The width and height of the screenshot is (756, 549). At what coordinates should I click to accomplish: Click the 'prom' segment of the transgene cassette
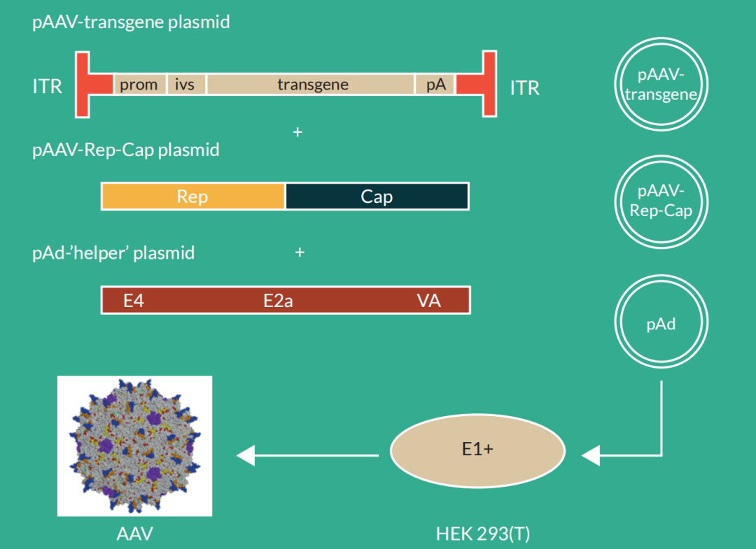139,85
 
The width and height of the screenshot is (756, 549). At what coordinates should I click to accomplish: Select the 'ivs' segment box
185,85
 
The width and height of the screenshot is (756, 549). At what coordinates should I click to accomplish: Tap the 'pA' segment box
435,85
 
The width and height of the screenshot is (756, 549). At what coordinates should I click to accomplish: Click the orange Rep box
192,197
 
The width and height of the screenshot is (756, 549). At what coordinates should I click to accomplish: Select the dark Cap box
377,197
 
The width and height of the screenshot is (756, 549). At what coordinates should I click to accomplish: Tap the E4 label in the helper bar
133,301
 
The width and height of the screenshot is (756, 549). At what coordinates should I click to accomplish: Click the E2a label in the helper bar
278,301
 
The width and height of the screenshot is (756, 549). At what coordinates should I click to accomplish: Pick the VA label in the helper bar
428,301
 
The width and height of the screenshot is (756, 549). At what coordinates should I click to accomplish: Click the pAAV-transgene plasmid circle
661,85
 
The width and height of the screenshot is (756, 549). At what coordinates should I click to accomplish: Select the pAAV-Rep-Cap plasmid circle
661,201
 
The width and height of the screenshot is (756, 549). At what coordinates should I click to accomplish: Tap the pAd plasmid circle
661,325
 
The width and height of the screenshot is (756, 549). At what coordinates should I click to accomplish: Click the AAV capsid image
134,446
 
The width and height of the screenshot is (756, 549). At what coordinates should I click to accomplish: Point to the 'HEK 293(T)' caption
483,534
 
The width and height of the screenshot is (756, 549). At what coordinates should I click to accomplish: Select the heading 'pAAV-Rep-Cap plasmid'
126,150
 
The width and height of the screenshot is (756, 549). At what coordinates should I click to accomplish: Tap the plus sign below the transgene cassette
297,132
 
